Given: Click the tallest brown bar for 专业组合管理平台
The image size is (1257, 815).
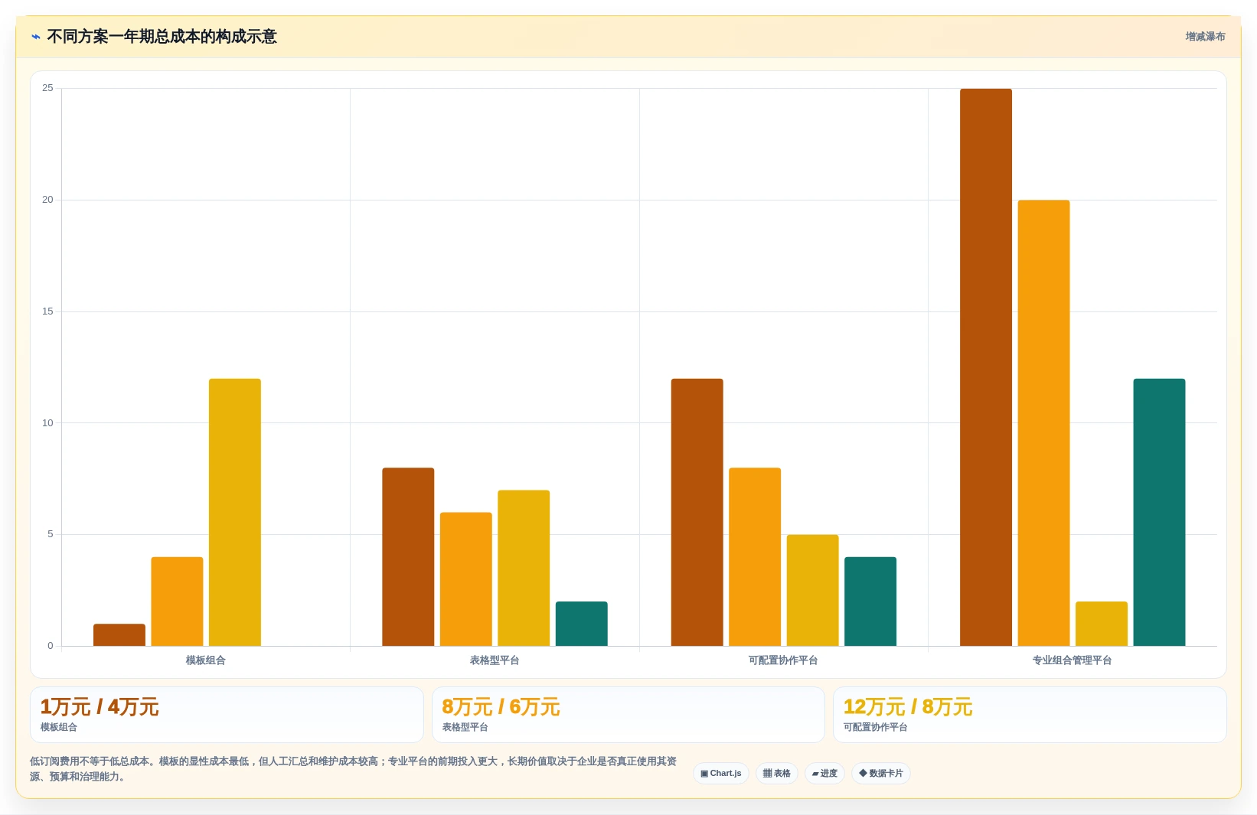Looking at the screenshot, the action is (x=985, y=367).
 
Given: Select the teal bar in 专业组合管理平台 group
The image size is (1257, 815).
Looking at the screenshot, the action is (x=1159, y=512).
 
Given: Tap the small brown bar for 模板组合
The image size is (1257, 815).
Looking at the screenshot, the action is (x=119, y=634).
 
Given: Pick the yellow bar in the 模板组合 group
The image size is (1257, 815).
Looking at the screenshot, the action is (x=234, y=512).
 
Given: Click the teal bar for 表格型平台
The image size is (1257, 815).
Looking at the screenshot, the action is (x=581, y=623).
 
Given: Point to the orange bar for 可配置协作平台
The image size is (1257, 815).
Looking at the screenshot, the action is (x=755, y=556).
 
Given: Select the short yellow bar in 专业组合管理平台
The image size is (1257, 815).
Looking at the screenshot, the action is (x=1101, y=623).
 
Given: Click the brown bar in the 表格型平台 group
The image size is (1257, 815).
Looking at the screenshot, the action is (x=408, y=556).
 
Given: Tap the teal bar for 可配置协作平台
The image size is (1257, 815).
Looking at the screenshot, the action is (x=870, y=601).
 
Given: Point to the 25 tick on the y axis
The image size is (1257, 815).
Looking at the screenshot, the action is (x=47, y=88).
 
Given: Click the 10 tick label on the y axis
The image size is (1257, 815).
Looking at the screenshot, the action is (x=47, y=423).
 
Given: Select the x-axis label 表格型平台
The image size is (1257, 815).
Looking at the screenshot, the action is (x=495, y=660).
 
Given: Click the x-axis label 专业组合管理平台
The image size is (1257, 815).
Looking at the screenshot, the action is (x=1072, y=660).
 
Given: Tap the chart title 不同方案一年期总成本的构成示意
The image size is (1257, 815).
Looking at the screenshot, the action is (x=162, y=37).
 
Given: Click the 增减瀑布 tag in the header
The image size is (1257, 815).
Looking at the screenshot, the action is (x=1205, y=37).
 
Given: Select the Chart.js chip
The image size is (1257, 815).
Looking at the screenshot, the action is (x=720, y=773).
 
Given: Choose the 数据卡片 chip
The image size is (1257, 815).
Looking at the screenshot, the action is (x=880, y=773).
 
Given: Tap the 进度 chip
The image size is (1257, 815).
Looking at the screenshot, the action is (x=824, y=773).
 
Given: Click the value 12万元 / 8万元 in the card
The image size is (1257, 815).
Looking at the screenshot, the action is (x=907, y=707).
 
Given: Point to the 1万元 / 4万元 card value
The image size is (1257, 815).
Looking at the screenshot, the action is (x=100, y=707).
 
